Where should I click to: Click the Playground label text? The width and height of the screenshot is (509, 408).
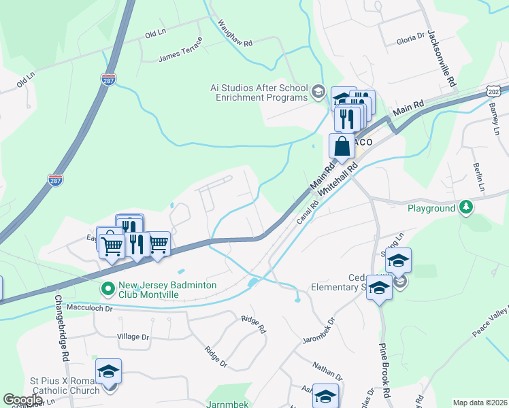pyautogui.click(x=431, y=208)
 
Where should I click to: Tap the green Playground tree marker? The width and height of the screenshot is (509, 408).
pyautogui.click(x=465, y=206)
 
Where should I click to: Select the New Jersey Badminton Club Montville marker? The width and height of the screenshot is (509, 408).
pyautogui.click(x=108, y=289)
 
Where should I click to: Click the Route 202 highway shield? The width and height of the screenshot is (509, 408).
pyautogui.click(x=495, y=90)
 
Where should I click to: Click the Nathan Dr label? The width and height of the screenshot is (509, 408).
pyautogui.click(x=327, y=371)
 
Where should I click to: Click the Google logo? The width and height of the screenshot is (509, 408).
pyautogui.click(x=22, y=400)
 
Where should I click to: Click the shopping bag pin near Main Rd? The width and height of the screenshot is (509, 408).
pyautogui.click(x=342, y=146)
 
